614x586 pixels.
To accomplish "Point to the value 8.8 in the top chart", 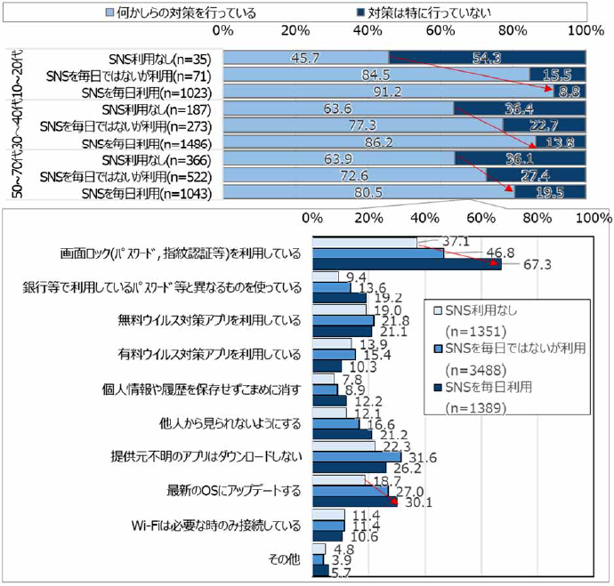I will click(570, 90).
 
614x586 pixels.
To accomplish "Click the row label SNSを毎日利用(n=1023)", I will click(145, 90).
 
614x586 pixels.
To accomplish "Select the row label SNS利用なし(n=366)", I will click(157, 159).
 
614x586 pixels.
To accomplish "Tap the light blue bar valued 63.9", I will click(339, 159).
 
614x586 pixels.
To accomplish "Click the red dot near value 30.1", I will click(394, 502).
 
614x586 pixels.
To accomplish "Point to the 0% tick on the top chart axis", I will click(223, 31).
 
